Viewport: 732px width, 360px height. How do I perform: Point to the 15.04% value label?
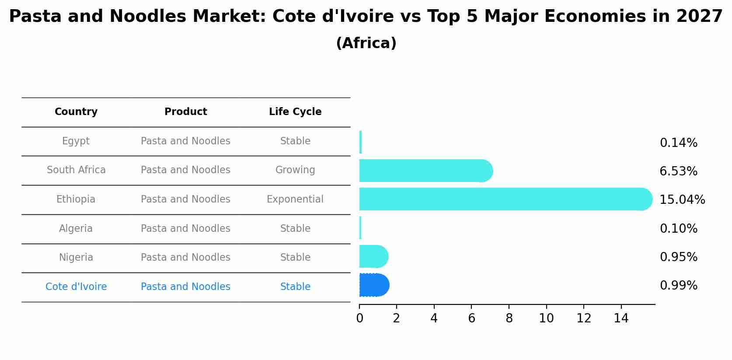click(682, 200)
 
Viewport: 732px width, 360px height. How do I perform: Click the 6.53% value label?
click(678, 171)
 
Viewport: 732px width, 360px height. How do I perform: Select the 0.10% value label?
click(678, 229)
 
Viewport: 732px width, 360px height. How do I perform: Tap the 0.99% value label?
click(678, 286)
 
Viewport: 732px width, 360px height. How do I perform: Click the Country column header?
click(76, 112)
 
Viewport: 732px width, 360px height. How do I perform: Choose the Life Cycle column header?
click(295, 112)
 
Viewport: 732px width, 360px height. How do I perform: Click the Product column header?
click(185, 112)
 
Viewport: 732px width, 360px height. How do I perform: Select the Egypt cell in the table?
click(76, 141)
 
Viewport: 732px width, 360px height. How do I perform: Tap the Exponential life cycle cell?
click(295, 199)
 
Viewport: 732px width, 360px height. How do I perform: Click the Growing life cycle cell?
click(295, 170)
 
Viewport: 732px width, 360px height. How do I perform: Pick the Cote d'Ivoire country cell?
click(76, 287)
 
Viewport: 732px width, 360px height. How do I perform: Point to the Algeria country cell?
click(76, 229)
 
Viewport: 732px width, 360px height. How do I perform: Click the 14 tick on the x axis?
click(621, 318)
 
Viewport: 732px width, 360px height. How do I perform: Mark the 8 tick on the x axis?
click(509, 318)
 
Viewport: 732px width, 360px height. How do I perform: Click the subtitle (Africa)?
click(366, 43)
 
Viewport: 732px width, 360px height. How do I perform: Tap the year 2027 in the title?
click(699, 17)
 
